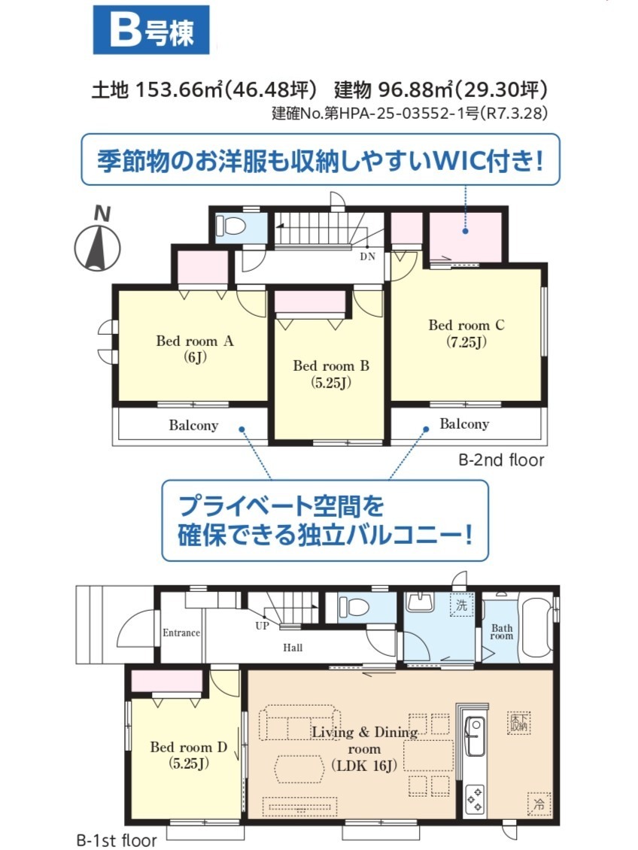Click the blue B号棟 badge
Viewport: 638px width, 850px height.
151,30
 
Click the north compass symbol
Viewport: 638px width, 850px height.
97,241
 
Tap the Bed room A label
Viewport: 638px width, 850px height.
195,341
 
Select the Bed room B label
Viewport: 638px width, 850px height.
330,366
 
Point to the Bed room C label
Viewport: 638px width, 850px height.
466,325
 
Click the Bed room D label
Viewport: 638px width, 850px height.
188,746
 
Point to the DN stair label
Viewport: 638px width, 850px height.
367,257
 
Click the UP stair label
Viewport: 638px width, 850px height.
262,626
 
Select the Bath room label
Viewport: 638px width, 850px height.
501,632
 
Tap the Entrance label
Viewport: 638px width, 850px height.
181,633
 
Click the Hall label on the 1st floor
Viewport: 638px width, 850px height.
293,647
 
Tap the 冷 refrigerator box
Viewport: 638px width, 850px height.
538,803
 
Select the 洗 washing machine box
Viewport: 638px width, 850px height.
461,606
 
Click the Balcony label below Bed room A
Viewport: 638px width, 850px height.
193,425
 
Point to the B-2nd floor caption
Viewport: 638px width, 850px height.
501,460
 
